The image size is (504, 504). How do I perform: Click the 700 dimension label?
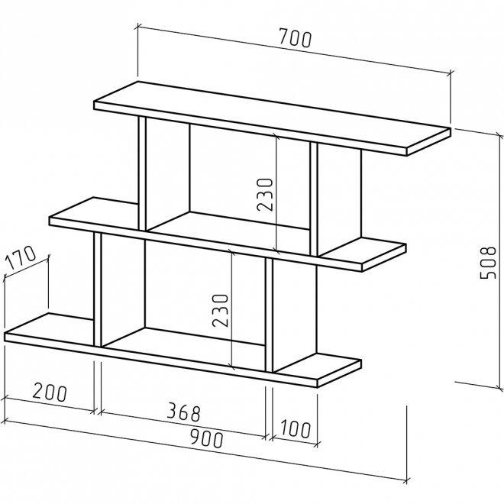pos(296,38)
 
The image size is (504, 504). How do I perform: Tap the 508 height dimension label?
pos(488,263)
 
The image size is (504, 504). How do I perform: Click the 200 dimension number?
pos(50,392)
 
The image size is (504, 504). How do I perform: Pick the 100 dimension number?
pos(296,428)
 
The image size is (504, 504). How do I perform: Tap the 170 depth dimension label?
pos(21,257)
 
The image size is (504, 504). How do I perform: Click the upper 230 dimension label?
pos(264,194)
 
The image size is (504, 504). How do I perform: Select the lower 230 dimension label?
pos(220,310)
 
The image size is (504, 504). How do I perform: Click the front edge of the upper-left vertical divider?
pos(143,173)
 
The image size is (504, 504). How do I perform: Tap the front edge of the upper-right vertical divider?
pos(314,199)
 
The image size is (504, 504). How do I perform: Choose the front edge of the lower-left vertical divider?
pos(98,289)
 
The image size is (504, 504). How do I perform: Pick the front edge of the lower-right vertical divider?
pos(269,315)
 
